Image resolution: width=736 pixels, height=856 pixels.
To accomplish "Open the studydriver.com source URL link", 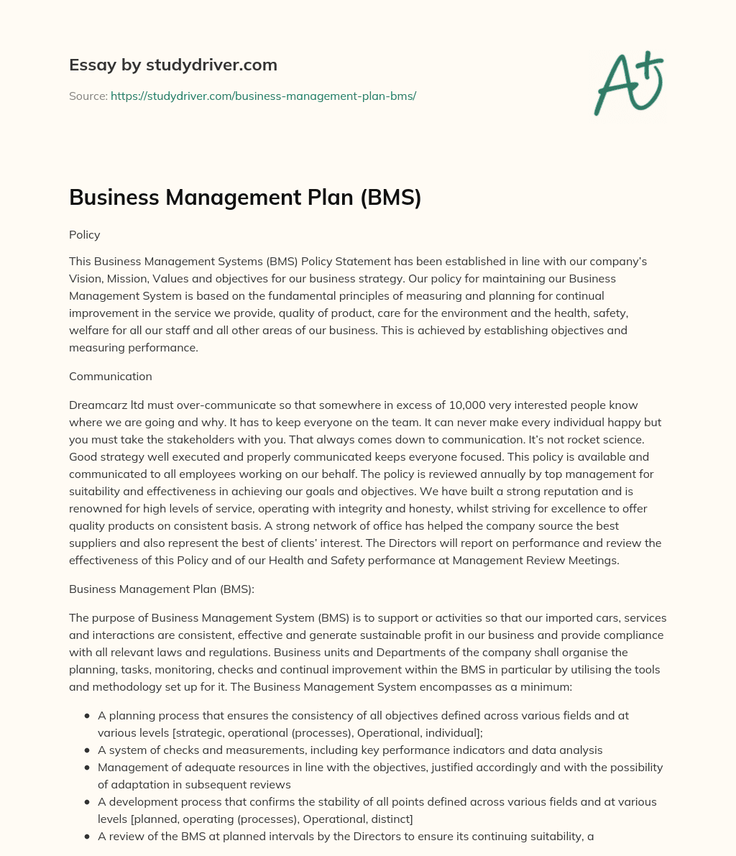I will click(263, 96).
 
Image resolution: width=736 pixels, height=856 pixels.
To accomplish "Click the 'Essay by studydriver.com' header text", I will click(172, 65).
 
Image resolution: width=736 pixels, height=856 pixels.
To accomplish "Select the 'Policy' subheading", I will click(85, 235).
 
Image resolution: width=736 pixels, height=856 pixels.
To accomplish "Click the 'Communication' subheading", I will click(111, 376).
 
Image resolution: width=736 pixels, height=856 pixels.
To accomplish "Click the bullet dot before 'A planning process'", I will click(87, 716).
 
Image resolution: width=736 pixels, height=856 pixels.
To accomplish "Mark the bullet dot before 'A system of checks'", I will click(87, 750).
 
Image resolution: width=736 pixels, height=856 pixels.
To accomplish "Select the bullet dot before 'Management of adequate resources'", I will click(87, 768).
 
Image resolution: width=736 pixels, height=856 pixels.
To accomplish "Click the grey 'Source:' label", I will click(88, 96).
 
